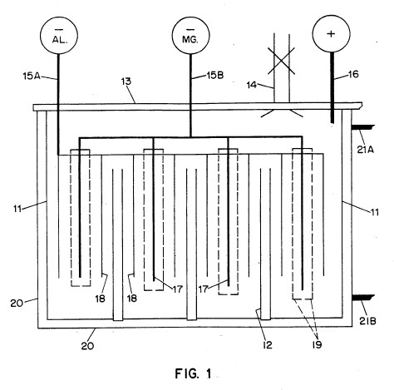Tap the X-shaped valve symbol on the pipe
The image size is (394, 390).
[x=281, y=61]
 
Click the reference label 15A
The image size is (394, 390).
[x=32, y=76]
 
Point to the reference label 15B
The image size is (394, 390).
[x=215, y=76]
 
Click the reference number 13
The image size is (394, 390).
[x=126, y=81]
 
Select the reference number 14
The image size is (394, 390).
[x=252, y=85]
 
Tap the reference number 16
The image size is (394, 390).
[x=353, y=74]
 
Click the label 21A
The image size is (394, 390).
[x=366, y=150]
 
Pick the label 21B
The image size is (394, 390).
[x=367, y=321]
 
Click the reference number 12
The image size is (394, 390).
[x=268, y=345]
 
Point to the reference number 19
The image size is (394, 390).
[x=317, y=344]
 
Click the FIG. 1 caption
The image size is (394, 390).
[x=193, y=373]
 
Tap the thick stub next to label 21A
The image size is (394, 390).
[x=363, y=127]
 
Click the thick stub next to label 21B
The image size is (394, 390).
[x=363, y=298]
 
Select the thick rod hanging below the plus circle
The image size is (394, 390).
[x=332, y=87]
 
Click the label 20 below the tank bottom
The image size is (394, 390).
[x=87, y=346]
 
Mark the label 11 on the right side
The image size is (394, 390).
[x=375, y=212]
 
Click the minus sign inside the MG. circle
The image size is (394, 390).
[x=190, y=29]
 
